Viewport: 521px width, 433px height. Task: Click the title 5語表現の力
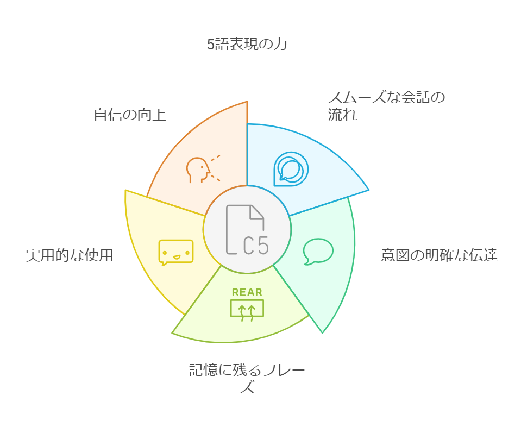pos(247,45)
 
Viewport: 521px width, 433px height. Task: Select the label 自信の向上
pos(129,115)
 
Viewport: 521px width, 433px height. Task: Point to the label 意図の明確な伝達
pos(439,255)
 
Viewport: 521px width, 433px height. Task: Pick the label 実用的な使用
pos(70,255)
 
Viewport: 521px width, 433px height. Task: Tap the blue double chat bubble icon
pos(291,168)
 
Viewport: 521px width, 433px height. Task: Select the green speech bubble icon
pos(318,251)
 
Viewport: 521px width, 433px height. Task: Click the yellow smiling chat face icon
pos(175,252)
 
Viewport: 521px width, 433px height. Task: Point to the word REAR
pos(247,292)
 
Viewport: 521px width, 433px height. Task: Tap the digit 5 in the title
pos(210,45)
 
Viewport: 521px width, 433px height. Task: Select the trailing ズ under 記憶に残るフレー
pos(247,387)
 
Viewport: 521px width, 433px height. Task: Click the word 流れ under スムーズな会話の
pos(342,115)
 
